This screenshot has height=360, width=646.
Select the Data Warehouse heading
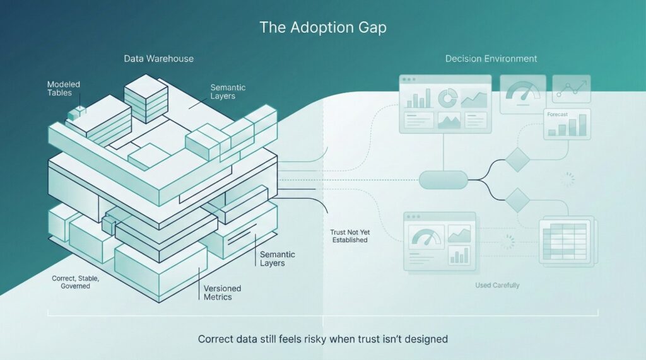point(158,59)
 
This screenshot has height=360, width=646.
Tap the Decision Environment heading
point(491,59)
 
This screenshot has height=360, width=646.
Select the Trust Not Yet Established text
point(349,236)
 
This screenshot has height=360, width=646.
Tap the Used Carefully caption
point(497,286)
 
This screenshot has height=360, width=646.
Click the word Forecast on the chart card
point(558,115)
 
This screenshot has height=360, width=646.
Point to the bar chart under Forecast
point(566,127)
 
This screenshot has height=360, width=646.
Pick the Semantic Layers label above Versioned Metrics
point(278,258)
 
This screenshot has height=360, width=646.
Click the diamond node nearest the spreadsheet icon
point(518,200)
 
